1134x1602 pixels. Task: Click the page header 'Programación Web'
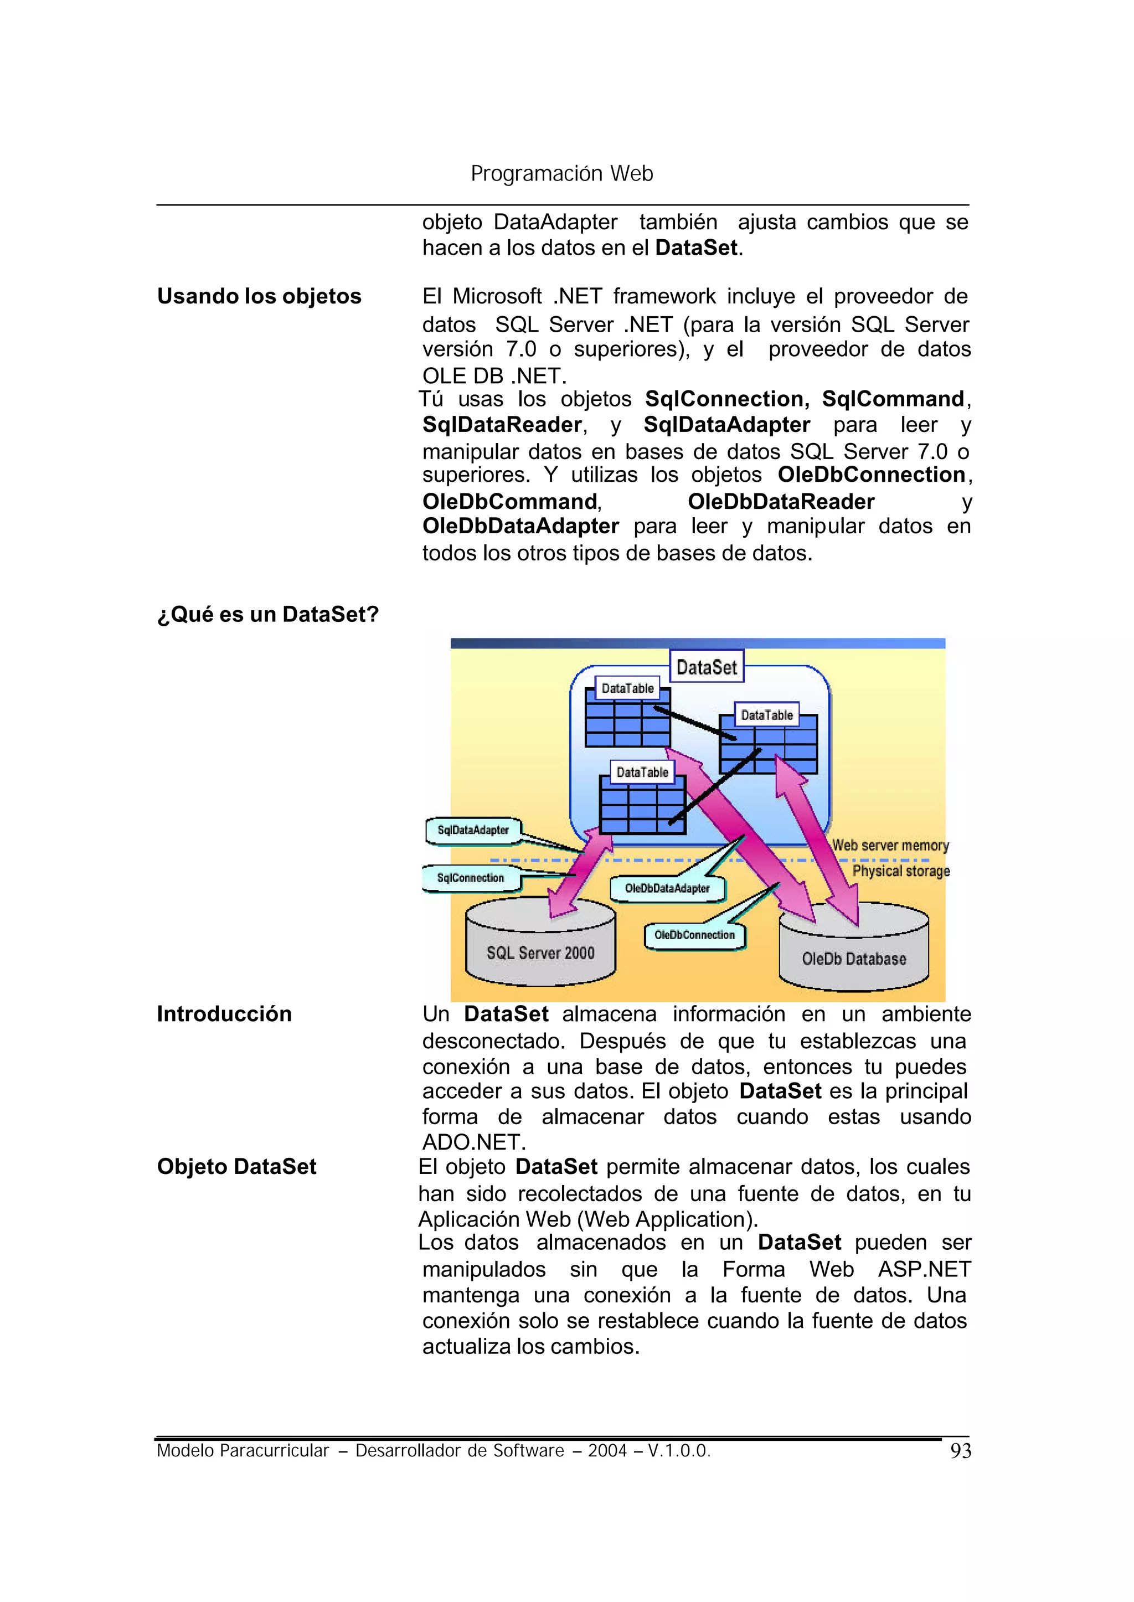(561, 173)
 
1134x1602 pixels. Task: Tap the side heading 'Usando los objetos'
(259, 296)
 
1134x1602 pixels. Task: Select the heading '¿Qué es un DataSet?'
(267, 614)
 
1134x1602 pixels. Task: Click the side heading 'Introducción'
(224, 1013)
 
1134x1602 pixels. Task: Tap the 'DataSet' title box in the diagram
(706, 667)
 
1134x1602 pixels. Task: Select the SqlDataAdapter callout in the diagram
(473, 830)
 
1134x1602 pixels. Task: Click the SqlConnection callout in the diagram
(470, 878)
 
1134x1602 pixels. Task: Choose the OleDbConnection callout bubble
(694, 935)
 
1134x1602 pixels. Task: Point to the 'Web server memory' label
(890, 846)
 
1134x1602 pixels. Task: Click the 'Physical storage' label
(901, 871)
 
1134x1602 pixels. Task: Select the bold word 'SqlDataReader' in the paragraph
(502, 425)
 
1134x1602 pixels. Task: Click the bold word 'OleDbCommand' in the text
(510, 501)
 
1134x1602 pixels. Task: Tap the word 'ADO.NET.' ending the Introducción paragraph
(473, 1142)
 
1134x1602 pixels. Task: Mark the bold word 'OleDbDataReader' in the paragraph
(781, 501)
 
